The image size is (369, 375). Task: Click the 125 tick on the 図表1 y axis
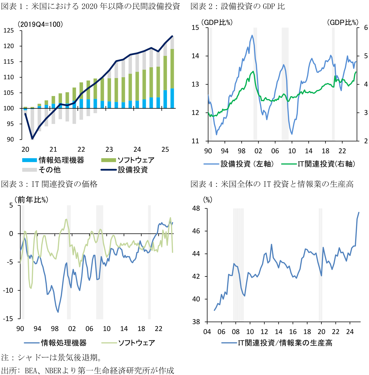(x=9, y=30)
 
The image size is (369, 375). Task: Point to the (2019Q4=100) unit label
(x=40, y=24)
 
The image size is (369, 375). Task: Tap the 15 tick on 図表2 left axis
(x=195, y=27)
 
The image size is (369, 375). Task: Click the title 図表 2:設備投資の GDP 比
(x=238, y=6)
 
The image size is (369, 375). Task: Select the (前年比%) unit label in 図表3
(x=32, y=200)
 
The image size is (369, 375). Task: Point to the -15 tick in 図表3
(x=8, y=319)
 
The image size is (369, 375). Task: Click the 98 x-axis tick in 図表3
(x=55, y=329)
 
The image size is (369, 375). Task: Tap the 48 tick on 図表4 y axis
(x=196, y=208)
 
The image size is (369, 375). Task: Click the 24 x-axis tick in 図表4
(x=350, y=332)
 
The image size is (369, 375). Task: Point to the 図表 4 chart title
(x=272, y=184)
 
